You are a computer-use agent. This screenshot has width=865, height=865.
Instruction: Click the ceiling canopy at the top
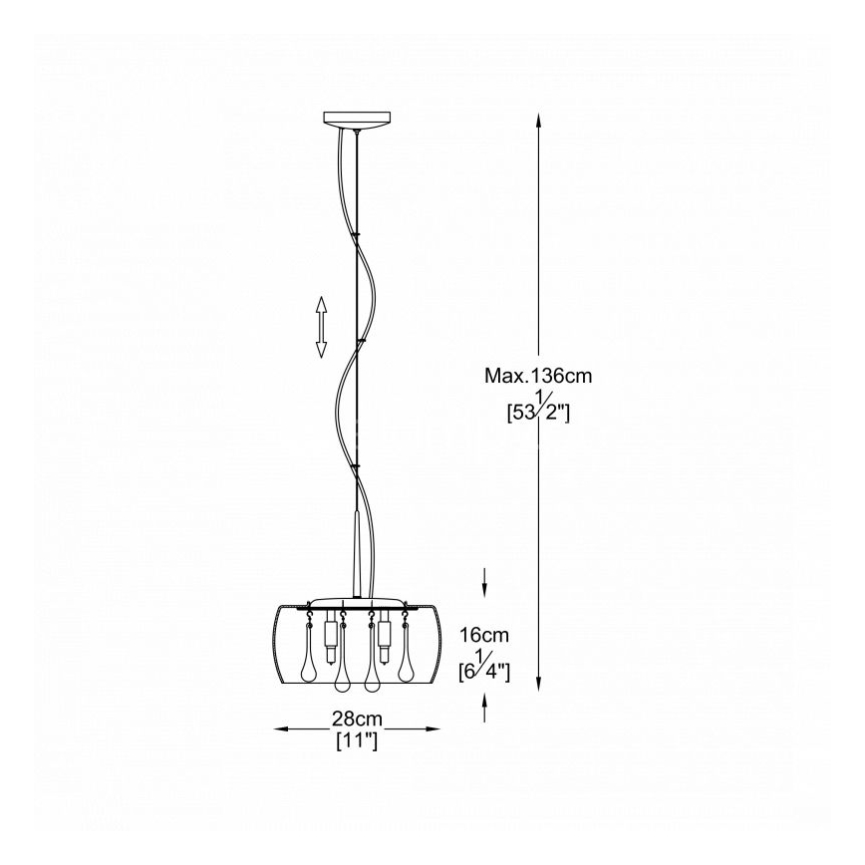coord(357,120)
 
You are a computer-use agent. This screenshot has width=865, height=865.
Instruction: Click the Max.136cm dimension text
coord(538,376)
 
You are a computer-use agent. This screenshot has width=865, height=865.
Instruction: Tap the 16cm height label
coord(484,635)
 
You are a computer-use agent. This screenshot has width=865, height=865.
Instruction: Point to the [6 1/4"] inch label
coord(484,666)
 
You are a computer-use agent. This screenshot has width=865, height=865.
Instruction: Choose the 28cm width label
coord(357,719)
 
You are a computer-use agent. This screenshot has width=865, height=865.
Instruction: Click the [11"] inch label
coord(357,740)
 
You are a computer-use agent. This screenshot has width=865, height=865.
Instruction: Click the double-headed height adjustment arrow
coord(321,327)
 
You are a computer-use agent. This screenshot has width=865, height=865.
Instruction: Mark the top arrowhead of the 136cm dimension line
coord(539,122)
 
